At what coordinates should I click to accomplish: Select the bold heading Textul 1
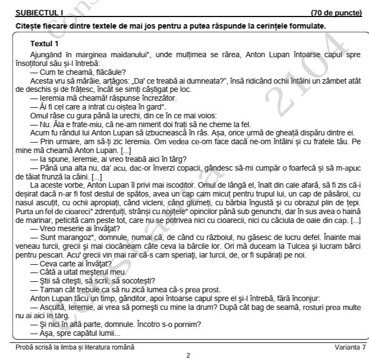click(45, 43)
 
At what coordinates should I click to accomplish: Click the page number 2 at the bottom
click(188, 355)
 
